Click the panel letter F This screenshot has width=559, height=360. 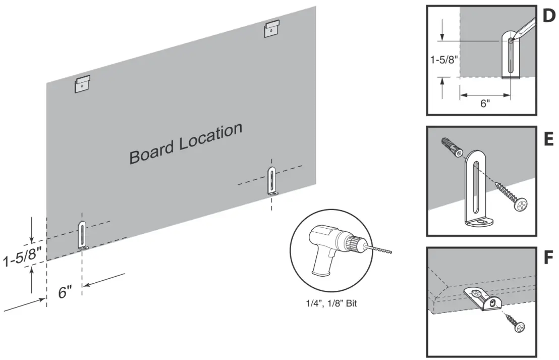tap(548, 259)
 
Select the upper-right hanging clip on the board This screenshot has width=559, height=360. tap(272, 29)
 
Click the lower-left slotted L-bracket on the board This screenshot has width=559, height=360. tap(82, 235)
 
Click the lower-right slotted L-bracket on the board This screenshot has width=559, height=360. tap(272, 182)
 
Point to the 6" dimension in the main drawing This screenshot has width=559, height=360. tap(65, 292)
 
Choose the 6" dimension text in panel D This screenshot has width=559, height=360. tap(485, 104)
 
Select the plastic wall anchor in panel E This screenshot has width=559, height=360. tap(452, 148)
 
